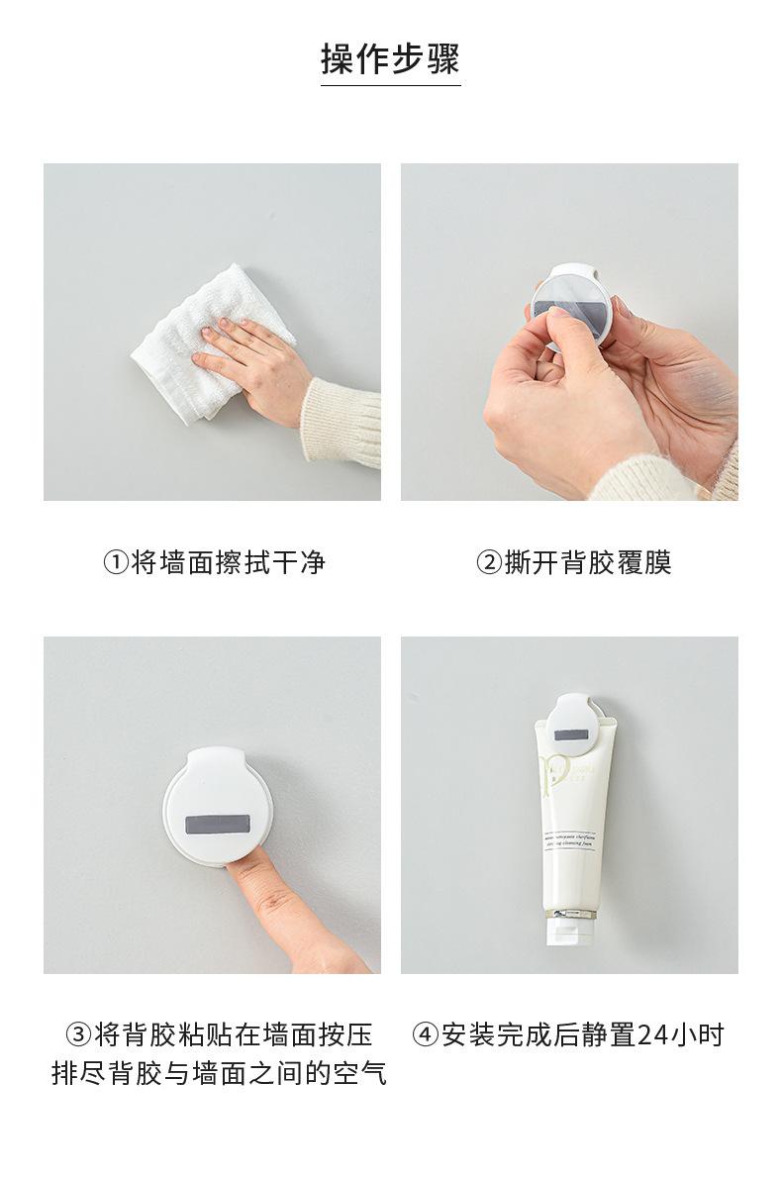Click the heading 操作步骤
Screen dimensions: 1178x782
point(390,58)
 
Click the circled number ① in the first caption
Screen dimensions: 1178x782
point(116,563)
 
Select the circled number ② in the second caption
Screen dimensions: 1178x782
point(489,563)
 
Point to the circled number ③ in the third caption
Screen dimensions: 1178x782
point(78,1035)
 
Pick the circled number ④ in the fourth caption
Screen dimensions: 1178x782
point(426,1035)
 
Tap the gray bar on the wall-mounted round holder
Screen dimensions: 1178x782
point(219,825)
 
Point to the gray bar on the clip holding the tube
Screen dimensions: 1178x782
point(569,736)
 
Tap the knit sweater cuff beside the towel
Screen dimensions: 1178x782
point(342,421)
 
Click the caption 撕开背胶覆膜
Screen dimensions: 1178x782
point(588,563)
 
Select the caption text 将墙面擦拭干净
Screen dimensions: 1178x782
point(229,563)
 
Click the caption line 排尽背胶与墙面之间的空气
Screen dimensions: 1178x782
point(219,1073)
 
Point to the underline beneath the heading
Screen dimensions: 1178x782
point(390,86)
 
